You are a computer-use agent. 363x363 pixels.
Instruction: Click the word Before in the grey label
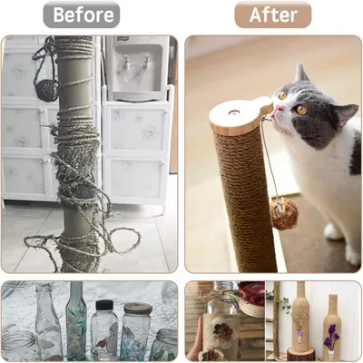point(83,15)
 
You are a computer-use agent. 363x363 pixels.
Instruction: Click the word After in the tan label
point(273,15)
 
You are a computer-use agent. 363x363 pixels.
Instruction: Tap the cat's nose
point(273,112)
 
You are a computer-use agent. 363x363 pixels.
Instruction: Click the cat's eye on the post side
point(282,94)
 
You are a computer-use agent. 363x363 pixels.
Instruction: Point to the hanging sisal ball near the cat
point(285,215)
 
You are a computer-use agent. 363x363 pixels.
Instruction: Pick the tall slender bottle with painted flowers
point(77,322)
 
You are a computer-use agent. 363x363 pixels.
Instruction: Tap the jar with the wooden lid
point(137,331)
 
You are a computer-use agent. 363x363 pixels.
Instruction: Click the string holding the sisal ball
point(270,163)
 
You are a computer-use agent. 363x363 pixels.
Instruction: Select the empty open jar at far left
point(15,345)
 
